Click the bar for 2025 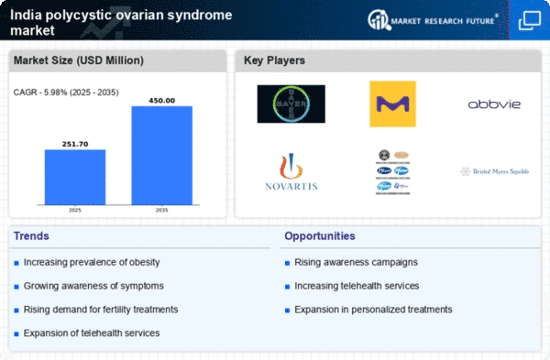tap(75, 177)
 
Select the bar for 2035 tap(162, 155)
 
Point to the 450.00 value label tap(162, 100)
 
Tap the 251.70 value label tap(75, 143)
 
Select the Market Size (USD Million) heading tap(76, 60)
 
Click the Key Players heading tap(275, 60)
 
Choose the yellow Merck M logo tap(392, 104)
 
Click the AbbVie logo tap(493, 104)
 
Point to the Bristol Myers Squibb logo tap(493, 172)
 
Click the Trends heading tap(33, 236)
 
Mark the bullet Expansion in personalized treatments tap(373, 309)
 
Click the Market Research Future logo tap(431, 19)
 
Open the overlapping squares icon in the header tap(529, 19)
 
